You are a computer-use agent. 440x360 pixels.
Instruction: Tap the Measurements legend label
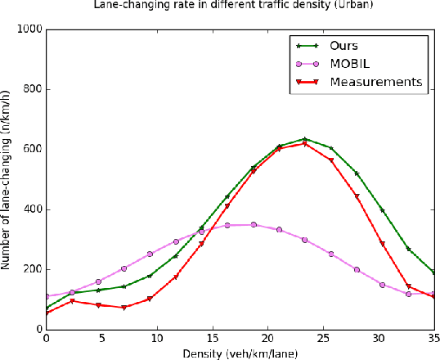click(375, 82)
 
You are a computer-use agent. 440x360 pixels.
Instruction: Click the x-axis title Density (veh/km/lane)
click(240, 353)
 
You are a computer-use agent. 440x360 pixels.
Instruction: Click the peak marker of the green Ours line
click(304, 139)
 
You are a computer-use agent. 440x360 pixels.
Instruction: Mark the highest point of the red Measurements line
click(304, 144)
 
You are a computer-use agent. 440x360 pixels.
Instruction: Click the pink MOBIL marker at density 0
click(47, 296)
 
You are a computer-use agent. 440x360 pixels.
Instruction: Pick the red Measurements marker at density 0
click(47, 313)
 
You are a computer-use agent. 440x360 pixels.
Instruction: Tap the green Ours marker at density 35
click(435, 272)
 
